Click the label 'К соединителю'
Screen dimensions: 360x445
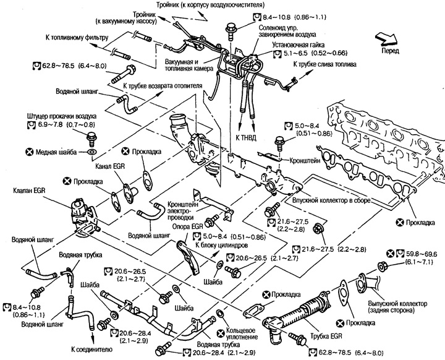coord(91,349)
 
